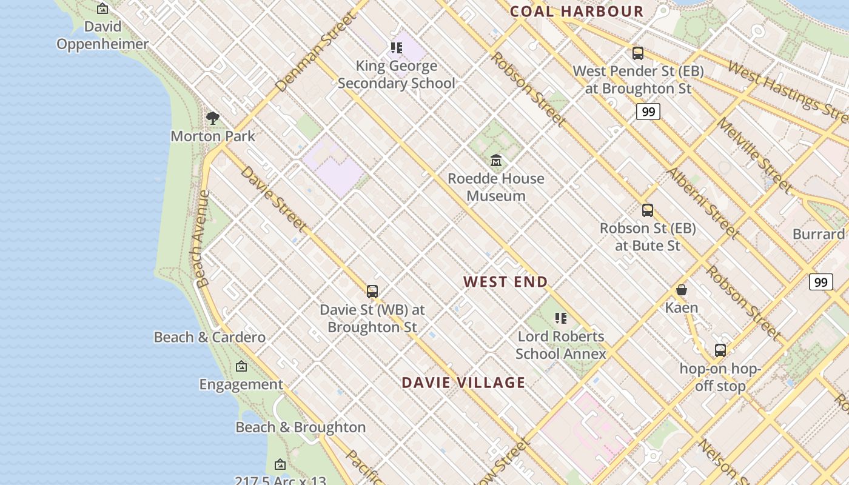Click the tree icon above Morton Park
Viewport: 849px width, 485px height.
pos(212,118)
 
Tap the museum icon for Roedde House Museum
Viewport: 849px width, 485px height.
pos(496,160)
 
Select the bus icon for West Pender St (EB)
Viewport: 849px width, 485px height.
pos(637,53)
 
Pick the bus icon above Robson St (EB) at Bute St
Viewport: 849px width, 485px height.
pos(647,210)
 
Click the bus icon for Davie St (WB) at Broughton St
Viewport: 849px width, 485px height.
pos(372,292)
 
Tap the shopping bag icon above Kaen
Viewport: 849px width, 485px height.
pos(682,290)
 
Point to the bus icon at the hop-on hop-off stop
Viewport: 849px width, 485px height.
pos(720,350)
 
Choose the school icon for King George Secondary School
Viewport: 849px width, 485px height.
pos(396,48)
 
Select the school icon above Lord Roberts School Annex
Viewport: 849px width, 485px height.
pos(560,318)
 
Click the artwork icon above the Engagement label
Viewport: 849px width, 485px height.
pos(241,366)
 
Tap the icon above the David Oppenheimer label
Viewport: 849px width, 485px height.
pos(102,8)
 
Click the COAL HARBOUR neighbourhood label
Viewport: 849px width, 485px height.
pos(576,11)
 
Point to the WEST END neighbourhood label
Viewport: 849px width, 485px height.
pos(505,281)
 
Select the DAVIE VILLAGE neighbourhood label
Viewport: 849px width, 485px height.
pos(463,383)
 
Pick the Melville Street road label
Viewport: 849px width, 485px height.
pos(754,155)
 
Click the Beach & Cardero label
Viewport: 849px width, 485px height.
pos(209,337)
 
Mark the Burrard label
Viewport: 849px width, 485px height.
pos(818,234)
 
